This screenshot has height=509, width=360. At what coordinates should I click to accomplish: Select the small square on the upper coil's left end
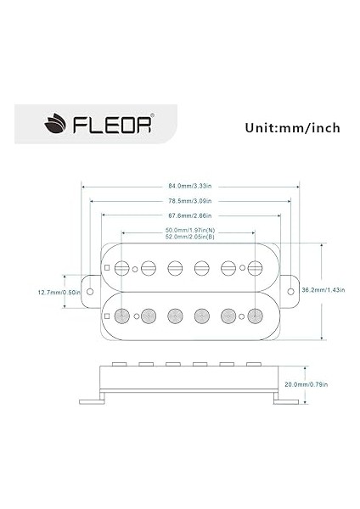107,268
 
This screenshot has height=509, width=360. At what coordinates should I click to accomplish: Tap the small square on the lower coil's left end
107,316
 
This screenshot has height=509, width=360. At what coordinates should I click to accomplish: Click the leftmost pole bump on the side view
121,364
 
